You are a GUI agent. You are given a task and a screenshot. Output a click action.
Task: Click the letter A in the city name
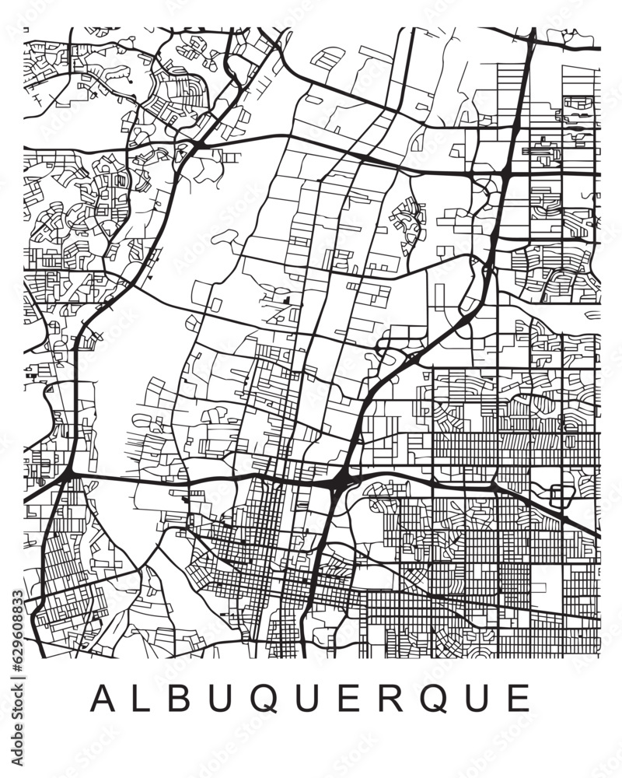coord(103,698)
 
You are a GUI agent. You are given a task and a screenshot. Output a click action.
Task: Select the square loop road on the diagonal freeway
coord(559,495)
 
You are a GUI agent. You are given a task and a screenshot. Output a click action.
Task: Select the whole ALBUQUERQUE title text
coord(311,698)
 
